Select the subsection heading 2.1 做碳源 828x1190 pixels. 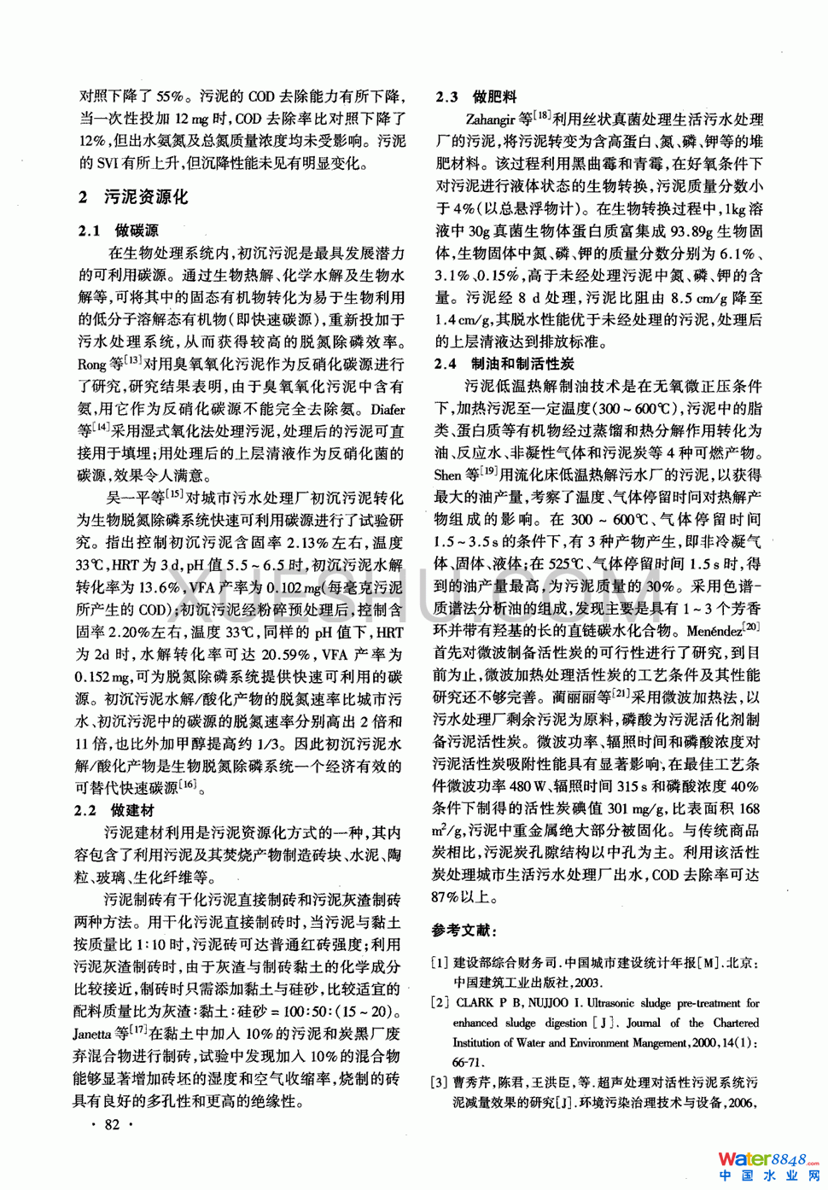click(x=119, y=230)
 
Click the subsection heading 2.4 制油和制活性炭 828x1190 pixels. click(x=504, y=364)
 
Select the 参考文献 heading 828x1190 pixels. click(x=464, y=930)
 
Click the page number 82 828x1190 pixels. click(x=112, y=1124)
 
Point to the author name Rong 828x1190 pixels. click(x=92, y=365)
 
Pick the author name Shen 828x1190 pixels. click(x=447, y=475)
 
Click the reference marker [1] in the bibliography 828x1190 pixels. click(x=439, y=962)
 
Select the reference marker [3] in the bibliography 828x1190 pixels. click(x=439, y=1082)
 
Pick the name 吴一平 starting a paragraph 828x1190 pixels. click(x=125, y=498)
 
